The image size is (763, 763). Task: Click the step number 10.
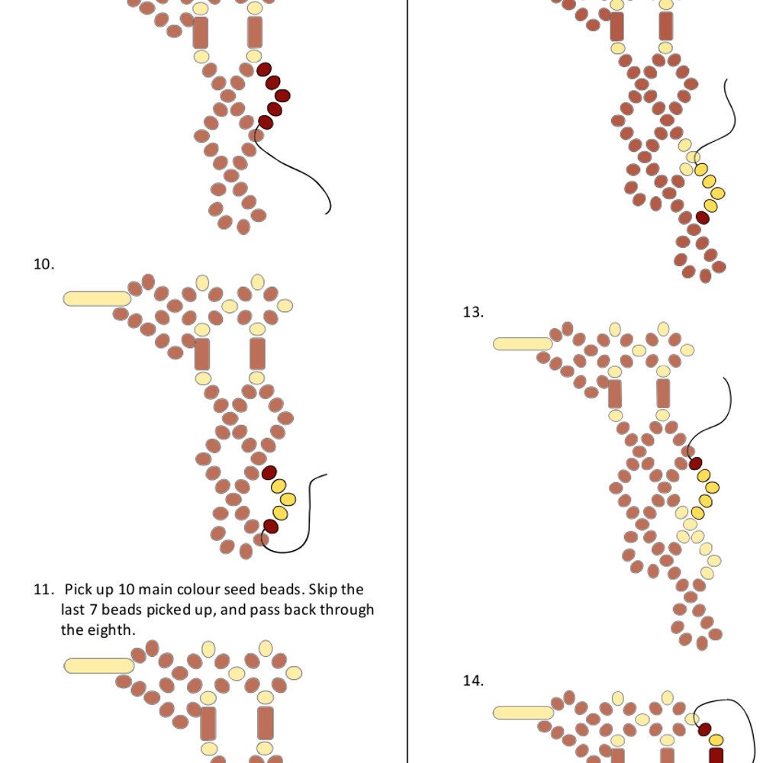point(43,264)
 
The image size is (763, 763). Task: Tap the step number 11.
point(43,589)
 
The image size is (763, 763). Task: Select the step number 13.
point(473,312)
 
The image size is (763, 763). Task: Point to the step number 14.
point(473,681)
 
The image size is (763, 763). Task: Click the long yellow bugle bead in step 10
point(98,299)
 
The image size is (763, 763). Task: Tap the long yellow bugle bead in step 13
point(523,344)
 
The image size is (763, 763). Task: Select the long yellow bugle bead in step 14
point(523,713)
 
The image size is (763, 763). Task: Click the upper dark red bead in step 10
point(269,472)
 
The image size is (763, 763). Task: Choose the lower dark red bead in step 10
point(271,526)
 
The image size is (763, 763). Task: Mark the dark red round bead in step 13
point(695,463)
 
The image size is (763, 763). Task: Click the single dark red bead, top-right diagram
point(702,217)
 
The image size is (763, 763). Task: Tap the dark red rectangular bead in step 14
point(716,755)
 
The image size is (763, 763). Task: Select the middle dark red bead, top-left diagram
point(282,95)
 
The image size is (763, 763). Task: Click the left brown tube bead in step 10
point(202,354)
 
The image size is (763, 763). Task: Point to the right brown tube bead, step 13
point(663,393)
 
